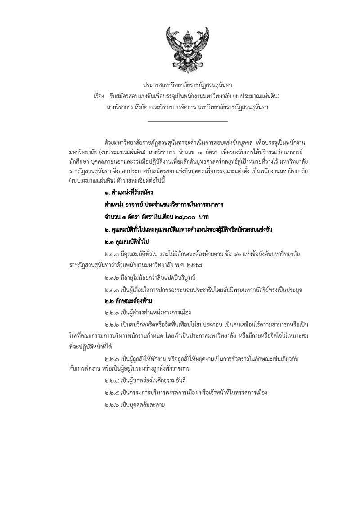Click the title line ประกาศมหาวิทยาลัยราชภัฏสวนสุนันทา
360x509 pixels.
(187, 85)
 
